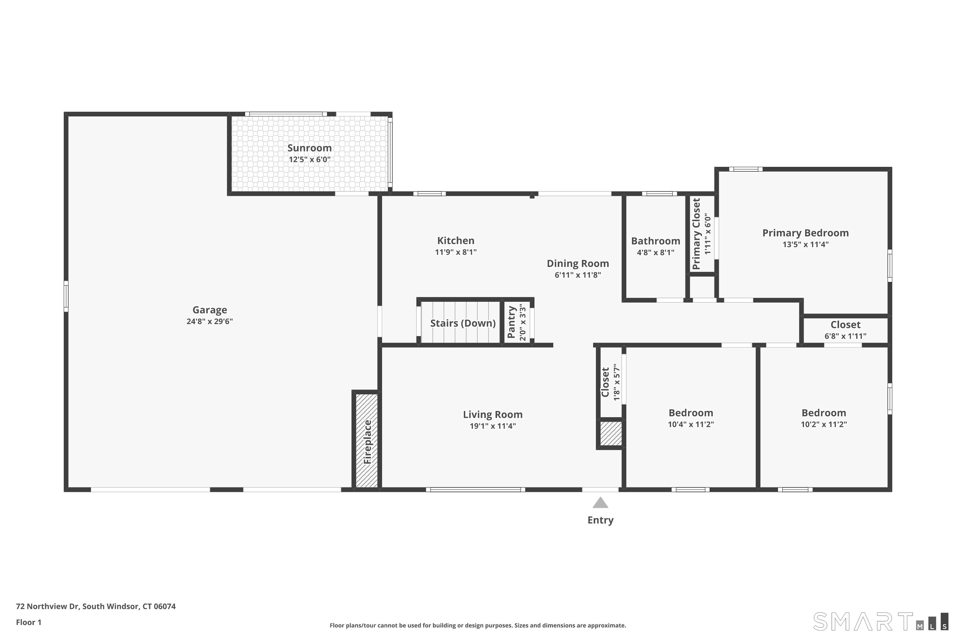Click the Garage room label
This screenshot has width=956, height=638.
point(209,310)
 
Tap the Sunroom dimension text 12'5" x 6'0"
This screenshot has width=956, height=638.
point(309,159)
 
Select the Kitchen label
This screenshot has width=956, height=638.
point(456,241)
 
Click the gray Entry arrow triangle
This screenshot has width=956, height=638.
point(600,503)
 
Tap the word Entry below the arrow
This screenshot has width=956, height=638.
point(600,520)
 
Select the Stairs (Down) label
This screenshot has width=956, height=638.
point(463,323)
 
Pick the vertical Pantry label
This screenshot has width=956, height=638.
point(511,322)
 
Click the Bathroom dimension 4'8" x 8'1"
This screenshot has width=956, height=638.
point(655,253)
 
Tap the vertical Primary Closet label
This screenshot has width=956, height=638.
point(696,234)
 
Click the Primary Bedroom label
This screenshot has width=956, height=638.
point(805,233)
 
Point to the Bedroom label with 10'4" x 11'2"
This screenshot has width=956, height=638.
point(691,413)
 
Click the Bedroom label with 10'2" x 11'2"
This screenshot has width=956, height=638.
point(823,413)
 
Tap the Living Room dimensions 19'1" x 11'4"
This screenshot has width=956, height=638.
point(493,426)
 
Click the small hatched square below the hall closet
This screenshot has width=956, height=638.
point(611,433)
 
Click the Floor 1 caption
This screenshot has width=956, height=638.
point(28,622)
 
